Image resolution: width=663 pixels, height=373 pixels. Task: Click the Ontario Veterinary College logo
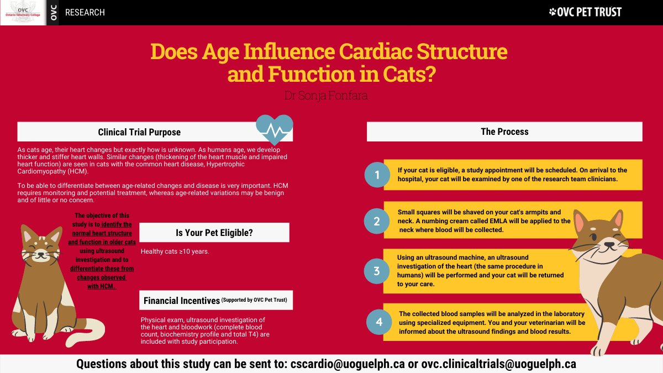tap(23, 12)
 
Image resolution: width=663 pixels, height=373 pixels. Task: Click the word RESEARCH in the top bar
tap(85, 12)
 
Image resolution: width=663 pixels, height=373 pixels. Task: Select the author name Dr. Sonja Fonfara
tap(326, 96)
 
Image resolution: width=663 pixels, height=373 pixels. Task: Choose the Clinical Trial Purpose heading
tap(139, 132)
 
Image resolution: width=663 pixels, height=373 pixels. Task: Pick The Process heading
tap(504, 132)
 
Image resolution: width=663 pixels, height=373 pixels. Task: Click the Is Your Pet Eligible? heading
tap(214, 233)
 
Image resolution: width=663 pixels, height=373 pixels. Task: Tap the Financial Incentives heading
tap(181, 301)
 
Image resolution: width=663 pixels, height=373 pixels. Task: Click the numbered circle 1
tap(377, 175)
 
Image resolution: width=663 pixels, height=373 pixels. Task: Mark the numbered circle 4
tap(379, 322)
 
